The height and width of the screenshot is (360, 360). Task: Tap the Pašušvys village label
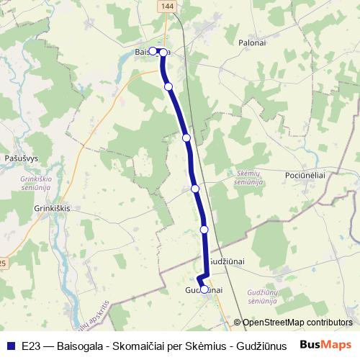point(21,157)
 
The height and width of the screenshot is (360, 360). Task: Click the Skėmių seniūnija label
point(248,178)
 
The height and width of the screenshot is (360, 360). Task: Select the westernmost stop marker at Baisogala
point(153,52)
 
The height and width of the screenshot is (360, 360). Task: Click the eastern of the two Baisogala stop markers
point(163,53)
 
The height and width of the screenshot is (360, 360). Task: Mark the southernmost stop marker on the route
point(204,289)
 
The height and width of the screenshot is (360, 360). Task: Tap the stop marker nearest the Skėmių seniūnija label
point(195,189)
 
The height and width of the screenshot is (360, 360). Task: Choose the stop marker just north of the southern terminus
point(204,229)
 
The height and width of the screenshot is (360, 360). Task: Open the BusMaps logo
point(326,344)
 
